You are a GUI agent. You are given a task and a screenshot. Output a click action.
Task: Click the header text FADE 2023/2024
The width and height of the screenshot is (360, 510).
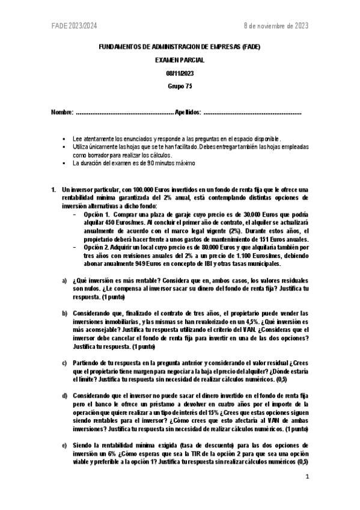[73, 26]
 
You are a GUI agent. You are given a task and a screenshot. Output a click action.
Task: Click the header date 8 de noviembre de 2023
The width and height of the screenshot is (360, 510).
[275, 26]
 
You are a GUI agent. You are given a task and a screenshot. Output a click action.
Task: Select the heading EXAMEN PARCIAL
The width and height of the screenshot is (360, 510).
[180, 60]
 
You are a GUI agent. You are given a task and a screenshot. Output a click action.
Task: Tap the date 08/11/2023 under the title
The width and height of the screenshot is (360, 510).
[180, 73]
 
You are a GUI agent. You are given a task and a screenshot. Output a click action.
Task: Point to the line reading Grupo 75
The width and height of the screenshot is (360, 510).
[180, 85]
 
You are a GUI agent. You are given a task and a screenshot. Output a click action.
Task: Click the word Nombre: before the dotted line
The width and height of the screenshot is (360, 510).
[63, 112]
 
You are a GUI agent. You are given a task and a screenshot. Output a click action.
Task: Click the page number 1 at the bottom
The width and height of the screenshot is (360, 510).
[307, 477]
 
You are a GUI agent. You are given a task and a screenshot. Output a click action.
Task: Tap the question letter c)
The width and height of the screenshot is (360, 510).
[64, 363]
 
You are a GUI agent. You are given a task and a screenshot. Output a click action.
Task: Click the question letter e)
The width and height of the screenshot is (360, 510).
[64, 446]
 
